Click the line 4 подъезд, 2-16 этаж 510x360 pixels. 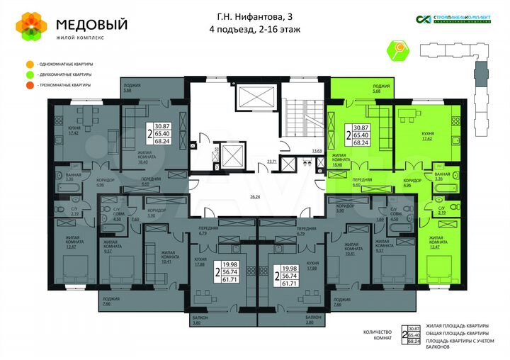tap(255, 29)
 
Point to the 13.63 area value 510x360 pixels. tap(317, 151)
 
